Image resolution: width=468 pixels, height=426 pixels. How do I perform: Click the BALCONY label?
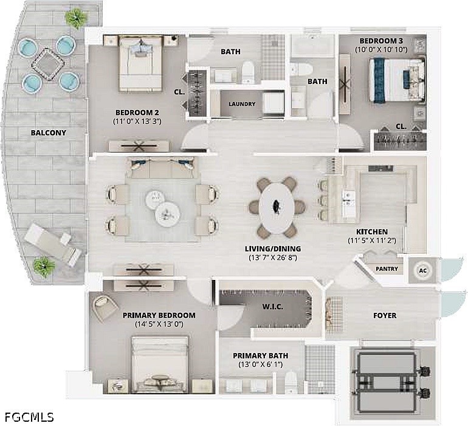coord(49,133)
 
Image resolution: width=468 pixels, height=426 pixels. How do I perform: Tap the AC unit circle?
coord(423,271)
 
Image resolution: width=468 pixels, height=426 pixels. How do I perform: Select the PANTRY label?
coord(387,269)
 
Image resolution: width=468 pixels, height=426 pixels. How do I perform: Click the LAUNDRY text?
coord(242,104)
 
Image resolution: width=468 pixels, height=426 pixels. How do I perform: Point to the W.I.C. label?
coord(272,307)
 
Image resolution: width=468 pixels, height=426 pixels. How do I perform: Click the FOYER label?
coord(385,315)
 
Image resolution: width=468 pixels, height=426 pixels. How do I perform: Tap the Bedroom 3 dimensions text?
coord(381,50)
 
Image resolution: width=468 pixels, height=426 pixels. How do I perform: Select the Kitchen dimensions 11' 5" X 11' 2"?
coord(372,240)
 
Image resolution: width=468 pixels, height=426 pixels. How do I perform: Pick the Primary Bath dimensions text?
coord(261,365)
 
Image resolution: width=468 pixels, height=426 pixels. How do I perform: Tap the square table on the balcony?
coord(48,65)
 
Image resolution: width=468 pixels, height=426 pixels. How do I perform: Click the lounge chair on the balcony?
coord(52,245)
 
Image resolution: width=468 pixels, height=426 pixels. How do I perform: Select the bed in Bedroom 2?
coord(140,63)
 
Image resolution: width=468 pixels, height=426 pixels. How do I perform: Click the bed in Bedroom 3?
coord(397,80)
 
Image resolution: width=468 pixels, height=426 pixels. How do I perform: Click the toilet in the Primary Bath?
coord(290,382)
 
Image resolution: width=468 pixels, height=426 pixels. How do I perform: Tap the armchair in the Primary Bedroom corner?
coord(105,308)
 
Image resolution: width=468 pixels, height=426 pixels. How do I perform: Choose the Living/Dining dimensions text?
coord(273,257)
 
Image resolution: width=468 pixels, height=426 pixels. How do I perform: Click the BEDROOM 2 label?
coord(137,113)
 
